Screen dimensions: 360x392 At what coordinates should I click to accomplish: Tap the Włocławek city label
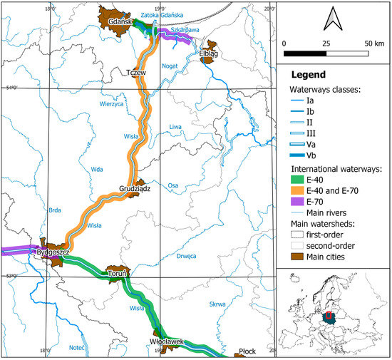click(x=167, y=341)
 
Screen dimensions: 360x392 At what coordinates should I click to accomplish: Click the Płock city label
click(x=247, y=351)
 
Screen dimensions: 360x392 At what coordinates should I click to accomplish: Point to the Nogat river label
click(x=170, y=65)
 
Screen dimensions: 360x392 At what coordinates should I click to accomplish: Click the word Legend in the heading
click(x=308, y=74)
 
